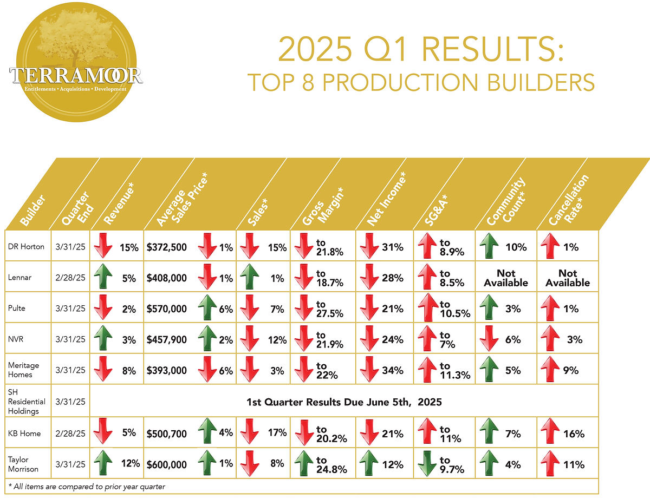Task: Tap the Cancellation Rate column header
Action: pos(569,200)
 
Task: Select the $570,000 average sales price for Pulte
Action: pos(167,309)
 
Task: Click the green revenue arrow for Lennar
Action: pos(103,278)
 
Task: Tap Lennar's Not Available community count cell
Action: pos(506,278)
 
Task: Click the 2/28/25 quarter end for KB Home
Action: pos(70,434)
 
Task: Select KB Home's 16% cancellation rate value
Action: pos(574,434)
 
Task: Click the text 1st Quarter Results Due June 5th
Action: pos(344,402)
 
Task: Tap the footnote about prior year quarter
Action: pos(87,487)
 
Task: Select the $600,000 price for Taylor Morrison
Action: pos(167,464)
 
